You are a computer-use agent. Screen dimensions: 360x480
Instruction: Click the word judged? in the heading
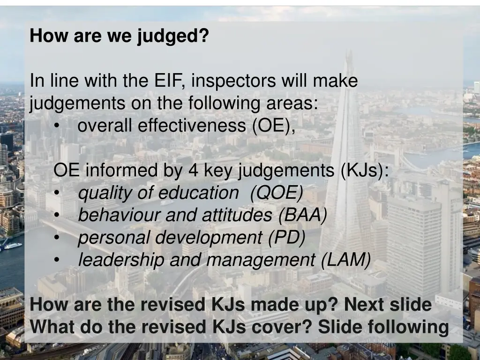(x=173, y=36)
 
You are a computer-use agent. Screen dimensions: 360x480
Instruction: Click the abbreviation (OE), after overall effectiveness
(x=273, y=126)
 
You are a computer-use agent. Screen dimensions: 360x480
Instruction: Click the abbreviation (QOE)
(x=277, y=193)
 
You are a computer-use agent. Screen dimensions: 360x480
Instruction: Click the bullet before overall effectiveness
(x=57, y=126)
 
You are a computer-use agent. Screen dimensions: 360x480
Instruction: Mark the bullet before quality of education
(x=57, y=193)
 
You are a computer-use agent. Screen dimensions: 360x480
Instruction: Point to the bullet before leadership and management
(x=57, y=260)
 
